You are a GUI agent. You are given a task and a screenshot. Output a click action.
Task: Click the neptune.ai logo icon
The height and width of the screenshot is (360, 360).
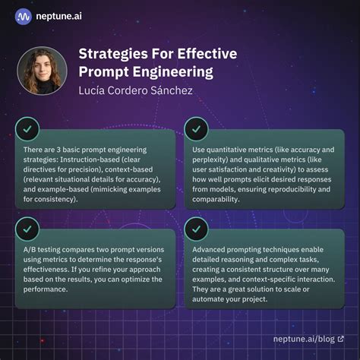click(x=24, y=15)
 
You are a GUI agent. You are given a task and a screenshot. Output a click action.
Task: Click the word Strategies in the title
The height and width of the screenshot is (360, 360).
click(x=115, y=55)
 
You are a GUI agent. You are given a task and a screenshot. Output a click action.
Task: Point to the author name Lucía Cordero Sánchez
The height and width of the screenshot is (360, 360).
click(x=137, y=92)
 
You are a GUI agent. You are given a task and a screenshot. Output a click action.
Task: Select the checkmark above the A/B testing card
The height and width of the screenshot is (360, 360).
click(x=28, y=227)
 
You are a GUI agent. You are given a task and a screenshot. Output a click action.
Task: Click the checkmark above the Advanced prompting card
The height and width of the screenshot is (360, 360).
click(x=196, y=227)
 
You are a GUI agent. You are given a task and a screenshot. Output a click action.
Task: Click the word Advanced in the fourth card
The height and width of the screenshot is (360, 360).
click(x=211, y=250)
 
